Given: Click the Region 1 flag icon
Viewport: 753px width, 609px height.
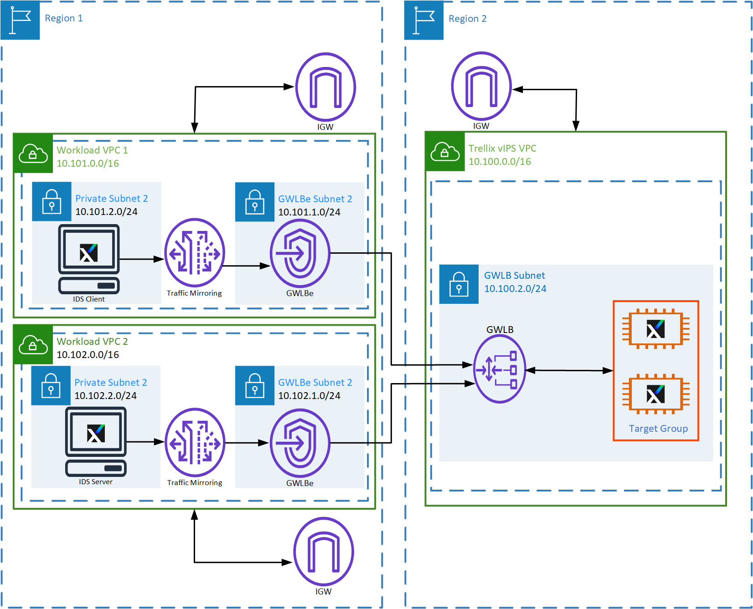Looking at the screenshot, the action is coord(20,20).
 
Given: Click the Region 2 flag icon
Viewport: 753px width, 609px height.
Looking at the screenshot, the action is coord(424,20).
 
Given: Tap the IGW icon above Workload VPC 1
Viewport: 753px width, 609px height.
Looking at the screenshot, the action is coord(325,87).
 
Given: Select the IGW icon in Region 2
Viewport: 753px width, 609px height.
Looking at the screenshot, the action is coord(481,86).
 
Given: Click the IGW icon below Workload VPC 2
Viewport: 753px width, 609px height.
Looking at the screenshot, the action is coord(324,552).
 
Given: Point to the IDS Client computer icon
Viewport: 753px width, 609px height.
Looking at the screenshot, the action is coord(89,259).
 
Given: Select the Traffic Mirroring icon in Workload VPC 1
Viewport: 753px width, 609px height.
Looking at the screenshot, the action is coord(195,253).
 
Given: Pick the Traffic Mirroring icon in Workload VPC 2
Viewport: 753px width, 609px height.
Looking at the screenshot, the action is coord(195,443).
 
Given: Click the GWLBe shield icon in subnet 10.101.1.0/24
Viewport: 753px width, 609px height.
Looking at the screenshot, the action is coord(300,253).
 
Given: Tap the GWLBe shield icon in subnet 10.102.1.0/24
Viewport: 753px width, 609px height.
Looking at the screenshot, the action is coord(300,443).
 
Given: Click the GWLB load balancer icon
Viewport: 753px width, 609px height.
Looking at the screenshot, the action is coord(500,369).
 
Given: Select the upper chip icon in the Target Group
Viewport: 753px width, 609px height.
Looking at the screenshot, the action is coord(655,329).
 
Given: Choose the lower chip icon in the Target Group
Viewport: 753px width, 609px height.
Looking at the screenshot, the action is coord(655,394).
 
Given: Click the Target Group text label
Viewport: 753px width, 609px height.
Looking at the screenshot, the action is coord(658,429).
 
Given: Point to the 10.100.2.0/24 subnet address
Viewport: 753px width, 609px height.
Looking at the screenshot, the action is coord(515,289).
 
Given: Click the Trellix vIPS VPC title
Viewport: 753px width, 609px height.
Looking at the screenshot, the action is coord(502,148).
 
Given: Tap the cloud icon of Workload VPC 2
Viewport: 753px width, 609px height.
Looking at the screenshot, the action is coord(33,345).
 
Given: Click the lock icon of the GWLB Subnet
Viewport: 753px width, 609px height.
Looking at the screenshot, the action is coord(459,284).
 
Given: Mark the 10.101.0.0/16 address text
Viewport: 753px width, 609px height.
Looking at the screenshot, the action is coord(88,164).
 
